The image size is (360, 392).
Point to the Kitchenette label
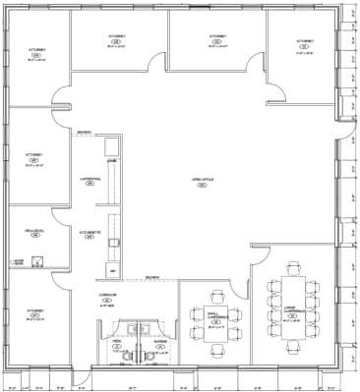(88, 234)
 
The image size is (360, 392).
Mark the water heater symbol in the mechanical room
(36, 260)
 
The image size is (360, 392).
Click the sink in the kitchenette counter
(114, 240)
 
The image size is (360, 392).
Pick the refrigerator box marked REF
(113, 269)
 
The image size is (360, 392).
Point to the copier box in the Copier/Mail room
(112, 147)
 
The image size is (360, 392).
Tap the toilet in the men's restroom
(102, 355)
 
